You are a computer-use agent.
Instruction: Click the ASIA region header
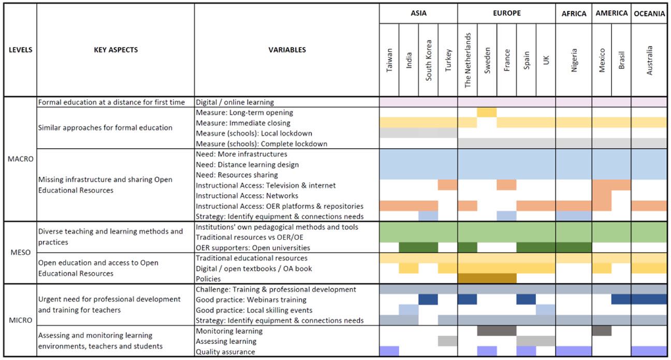[x=418, y=13]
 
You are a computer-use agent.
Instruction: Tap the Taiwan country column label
[x=389, y=60]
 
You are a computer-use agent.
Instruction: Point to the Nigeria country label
[x=574, y=60]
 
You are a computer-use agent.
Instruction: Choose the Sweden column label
[x=487, y=60]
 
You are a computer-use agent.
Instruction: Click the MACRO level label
[x=21, y=159]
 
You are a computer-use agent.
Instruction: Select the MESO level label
[x=21, y=253]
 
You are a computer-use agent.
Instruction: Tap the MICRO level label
[x=21, y=320]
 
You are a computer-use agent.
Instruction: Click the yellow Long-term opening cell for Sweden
[x=487, y=112]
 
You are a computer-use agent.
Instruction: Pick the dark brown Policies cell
[x=487, y=279]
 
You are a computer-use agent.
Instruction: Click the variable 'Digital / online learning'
[x=235, y=102]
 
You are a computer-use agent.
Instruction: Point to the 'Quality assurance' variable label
[x=225, y=352]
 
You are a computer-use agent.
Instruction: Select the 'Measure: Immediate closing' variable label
[x=243, y=123]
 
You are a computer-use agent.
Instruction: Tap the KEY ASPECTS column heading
[x=115, y=50]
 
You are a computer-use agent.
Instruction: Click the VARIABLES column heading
[x=287, y=50]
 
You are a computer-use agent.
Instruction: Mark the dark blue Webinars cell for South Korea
[x=428, y=299]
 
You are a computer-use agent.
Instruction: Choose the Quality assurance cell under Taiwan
[x=389, y=351]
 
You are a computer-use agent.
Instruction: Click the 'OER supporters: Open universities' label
[x=253, y=248]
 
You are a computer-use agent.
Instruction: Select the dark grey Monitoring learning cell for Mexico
[x=602, y=330]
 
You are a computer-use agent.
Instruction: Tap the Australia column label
[x=649, y=60]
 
